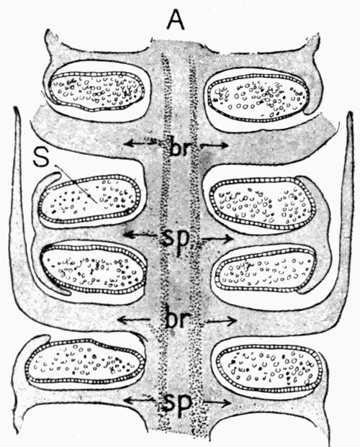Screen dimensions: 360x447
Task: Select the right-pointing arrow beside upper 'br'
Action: pyautogui.click(x=215, y=145)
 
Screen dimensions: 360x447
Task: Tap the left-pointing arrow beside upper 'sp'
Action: pyautogui.click(x=140, y=235)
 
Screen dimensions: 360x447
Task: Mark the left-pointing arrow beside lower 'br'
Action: pyautogui.click(x=134, y=320)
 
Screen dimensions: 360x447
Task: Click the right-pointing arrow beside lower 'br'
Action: pyautogui.click(x=221, y=321)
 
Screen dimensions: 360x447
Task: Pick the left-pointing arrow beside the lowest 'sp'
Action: pyautogui.click(x=140, y=400)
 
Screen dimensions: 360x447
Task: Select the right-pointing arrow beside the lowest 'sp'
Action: pyautogui.click(x=217, y=402)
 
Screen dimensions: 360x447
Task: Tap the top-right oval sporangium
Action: pyautogui.click(x=258, y=96)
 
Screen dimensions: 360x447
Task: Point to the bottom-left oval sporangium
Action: pyautogui.click(x=85, y=361)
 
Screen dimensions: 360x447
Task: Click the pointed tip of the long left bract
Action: pyautogui.click(x=17, y=108)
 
